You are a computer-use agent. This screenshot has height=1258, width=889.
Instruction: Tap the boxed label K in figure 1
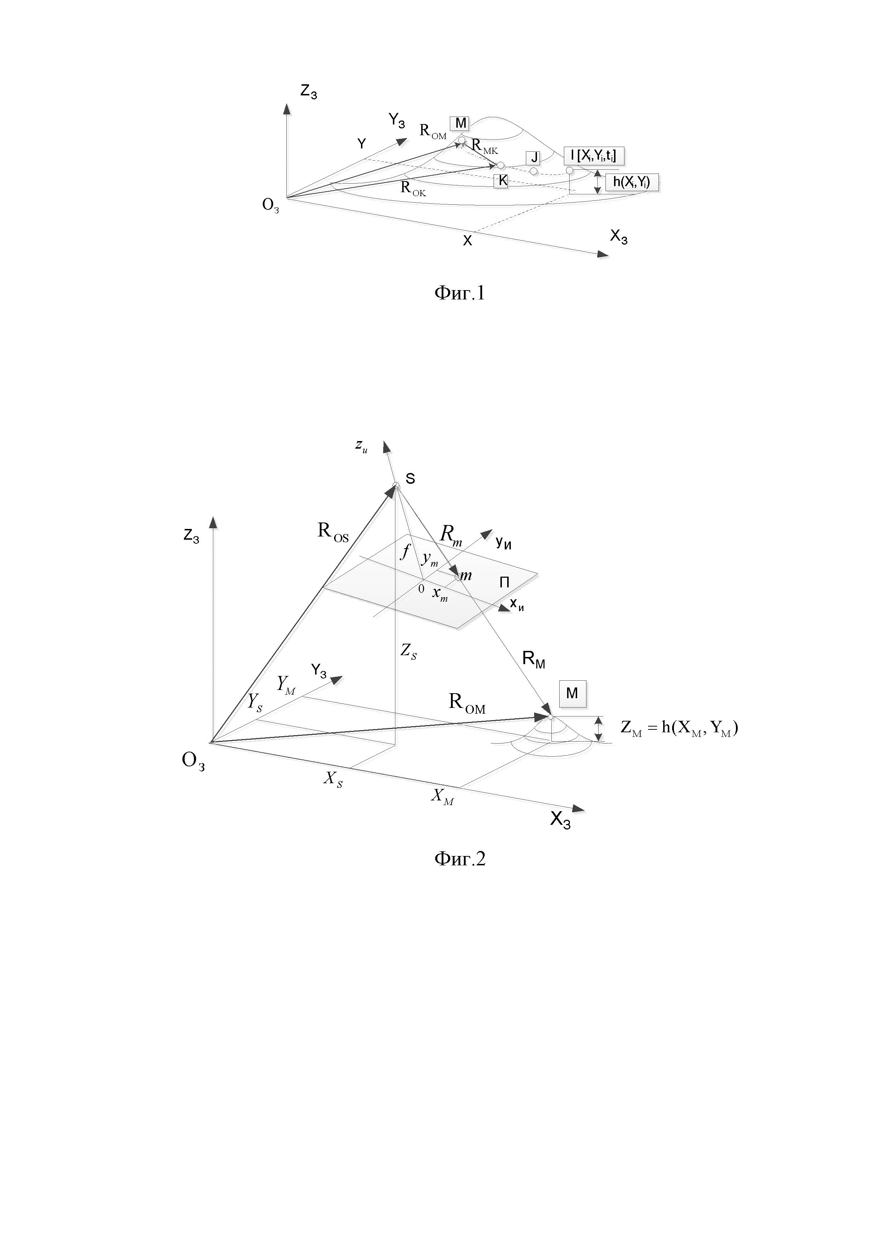click(x=501, y=181)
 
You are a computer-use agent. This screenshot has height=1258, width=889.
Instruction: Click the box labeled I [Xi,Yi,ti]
click(x=594, y=156)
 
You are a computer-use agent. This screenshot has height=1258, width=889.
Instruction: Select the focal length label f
click(x=405, y=551)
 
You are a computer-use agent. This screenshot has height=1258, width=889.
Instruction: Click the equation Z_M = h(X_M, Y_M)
click(x=679, y=728)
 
